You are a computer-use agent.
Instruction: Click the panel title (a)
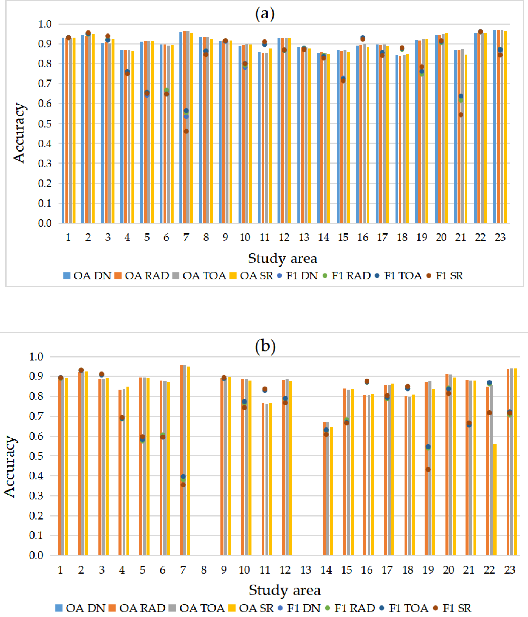point(265,13)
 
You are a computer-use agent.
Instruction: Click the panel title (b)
point(265,346)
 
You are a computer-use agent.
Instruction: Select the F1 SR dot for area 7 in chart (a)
point(186,131)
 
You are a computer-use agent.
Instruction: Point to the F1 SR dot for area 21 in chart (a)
point(461,115)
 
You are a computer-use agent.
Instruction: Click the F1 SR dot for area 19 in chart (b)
point(428,470)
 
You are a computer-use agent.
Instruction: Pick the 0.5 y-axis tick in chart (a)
point(45,124)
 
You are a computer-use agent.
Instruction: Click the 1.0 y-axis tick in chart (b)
point(36,356)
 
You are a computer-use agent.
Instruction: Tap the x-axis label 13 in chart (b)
point(306,570)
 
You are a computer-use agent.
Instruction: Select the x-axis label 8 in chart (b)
point(203,570)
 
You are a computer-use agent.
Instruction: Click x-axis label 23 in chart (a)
point(500,237)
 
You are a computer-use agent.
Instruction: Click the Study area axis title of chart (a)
point(282,258)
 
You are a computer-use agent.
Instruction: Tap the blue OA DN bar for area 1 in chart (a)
point(63,130)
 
